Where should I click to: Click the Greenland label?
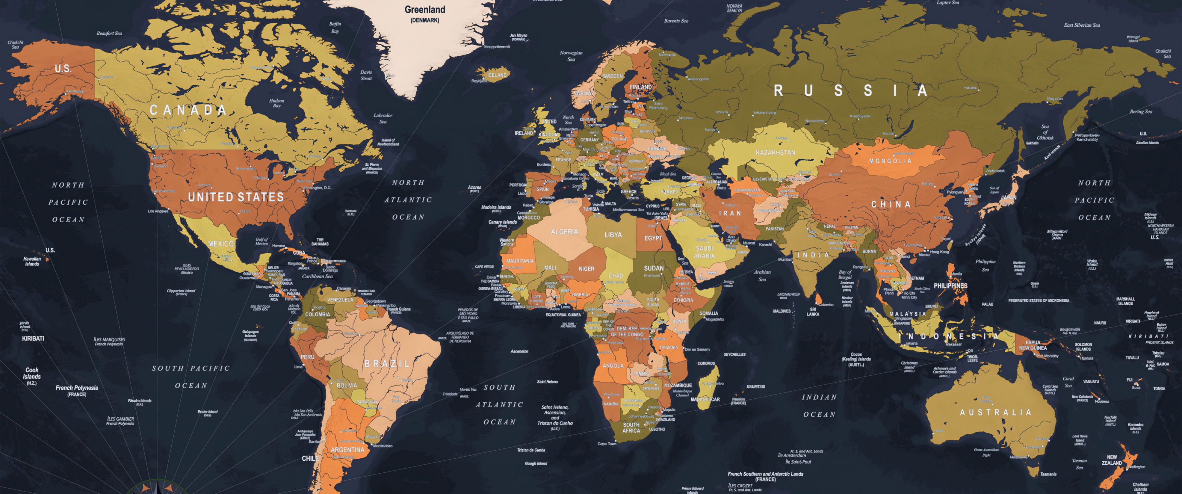pos(424,10)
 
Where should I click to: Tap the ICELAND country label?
pos(497,75)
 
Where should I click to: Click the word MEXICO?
pos(221,244)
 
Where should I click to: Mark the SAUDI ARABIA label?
pos(704,252)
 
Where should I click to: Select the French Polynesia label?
pos(77,388)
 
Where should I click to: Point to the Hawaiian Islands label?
pos(32,261)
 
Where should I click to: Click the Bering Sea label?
pos(1141,112)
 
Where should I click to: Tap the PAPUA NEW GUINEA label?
pos(1033,345)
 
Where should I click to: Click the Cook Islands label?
pos(32,374)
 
